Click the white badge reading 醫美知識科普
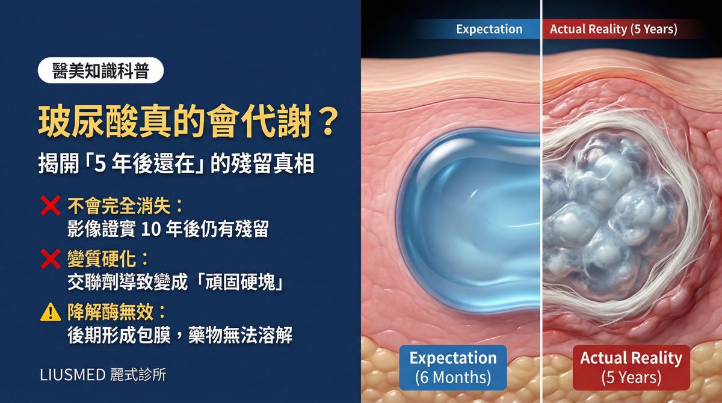(x=100, y=71)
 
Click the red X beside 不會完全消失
(x=49, y=207)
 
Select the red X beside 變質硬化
(x=49, y=259)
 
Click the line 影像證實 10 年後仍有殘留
(x=168, y=230)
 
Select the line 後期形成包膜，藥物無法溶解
(x=180, y=335)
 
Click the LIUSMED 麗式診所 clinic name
(x=103, y=374)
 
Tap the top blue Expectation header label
(x=489, y=29)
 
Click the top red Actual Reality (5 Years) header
(x=613, y=29)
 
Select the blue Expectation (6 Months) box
(x=452, y=368)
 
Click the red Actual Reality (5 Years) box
(x=631, y=368)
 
